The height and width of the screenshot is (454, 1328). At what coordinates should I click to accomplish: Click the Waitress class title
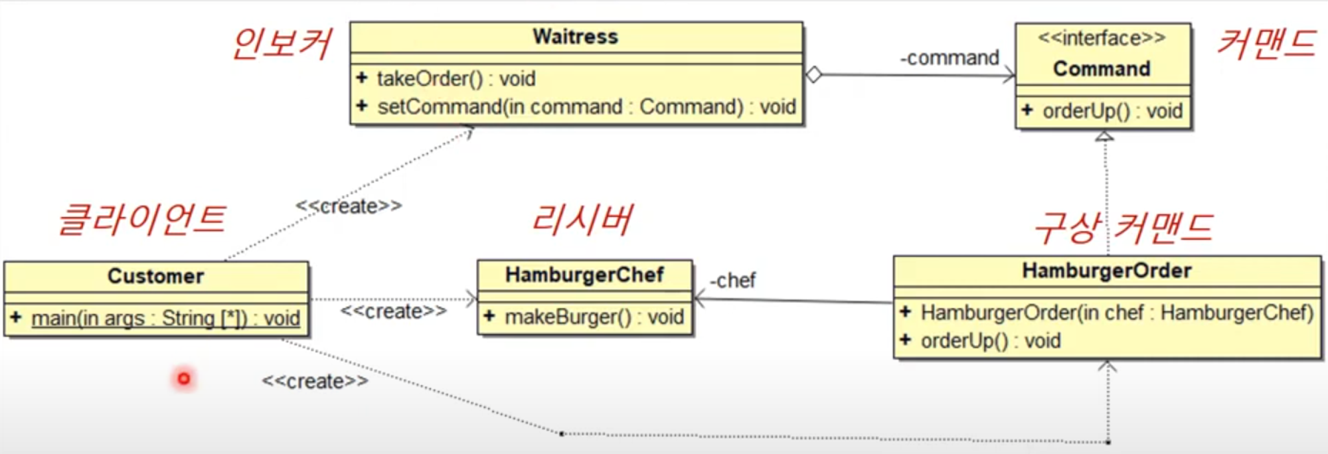575,37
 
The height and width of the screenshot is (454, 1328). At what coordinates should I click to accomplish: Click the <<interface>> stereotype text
1102,38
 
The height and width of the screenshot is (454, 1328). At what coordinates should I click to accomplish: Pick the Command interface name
1102,68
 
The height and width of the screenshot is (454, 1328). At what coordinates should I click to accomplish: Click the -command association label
950,58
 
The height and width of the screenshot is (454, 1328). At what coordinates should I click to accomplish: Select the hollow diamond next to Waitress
813,74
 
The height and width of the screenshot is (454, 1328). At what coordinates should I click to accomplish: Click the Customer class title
155,276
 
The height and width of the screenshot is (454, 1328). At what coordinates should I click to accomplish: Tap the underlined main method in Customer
165,319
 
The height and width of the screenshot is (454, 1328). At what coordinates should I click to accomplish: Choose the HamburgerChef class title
584,275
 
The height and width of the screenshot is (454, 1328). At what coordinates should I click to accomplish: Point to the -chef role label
732,281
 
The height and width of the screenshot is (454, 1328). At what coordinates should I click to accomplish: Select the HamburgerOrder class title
1106,271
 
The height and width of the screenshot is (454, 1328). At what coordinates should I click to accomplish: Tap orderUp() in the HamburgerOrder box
990,341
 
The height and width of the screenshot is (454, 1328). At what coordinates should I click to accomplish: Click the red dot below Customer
184,378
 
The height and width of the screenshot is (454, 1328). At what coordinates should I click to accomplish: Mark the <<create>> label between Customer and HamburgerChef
393,311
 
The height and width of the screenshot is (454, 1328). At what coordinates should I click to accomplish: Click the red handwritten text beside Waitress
282,44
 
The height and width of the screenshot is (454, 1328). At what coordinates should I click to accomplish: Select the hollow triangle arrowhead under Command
1104,136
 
